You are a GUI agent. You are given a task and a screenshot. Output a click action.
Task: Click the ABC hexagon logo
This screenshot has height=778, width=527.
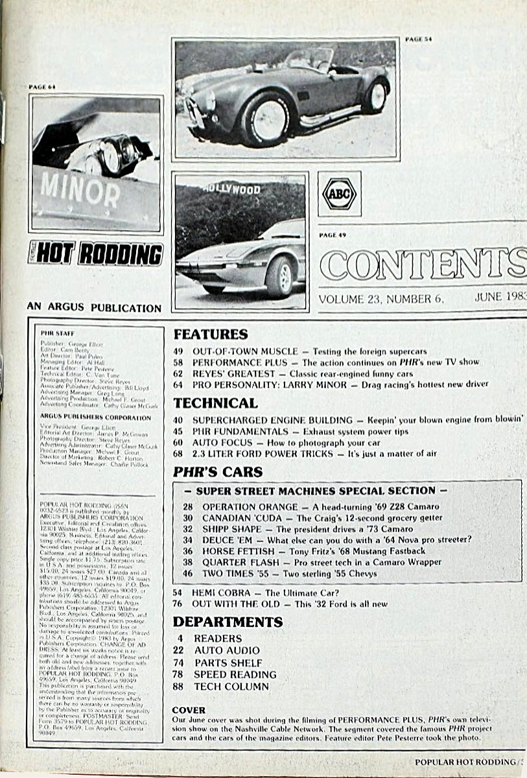click(x=340, y=194)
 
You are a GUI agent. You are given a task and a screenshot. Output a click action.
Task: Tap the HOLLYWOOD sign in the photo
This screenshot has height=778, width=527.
click(x=231, y=189)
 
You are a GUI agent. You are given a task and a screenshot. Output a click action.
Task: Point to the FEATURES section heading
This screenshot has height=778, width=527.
click(x=211, y=335)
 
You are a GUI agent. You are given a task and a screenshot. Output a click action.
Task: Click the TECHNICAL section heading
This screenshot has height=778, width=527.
click(x=216, y=403)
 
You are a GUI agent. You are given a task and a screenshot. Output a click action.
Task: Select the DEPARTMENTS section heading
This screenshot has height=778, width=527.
click(x=228, y=622)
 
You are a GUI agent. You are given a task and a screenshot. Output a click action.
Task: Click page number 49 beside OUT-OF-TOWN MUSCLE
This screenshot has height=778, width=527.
click(x=178, y=351)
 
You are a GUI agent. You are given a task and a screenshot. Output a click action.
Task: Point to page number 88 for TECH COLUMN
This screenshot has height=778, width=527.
click(x=178, y=687)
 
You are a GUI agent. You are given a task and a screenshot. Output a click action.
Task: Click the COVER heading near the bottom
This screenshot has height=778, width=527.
click(x=189, y=710)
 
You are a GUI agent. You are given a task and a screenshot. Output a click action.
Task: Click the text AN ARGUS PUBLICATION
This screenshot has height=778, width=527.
click(x=94, y=307)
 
